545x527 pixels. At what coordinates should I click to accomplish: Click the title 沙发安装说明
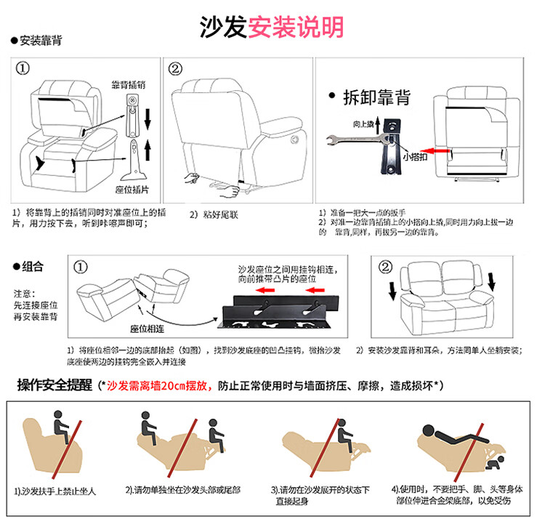pyautogui.click(x=272, y=27)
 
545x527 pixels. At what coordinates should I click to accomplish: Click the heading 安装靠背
pyautogui.click(x=40, y=40)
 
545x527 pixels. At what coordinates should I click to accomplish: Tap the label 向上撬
pyautogui.click(x=363, y=124)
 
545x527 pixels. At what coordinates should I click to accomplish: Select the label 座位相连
pyautogui.click(x=148, y=329)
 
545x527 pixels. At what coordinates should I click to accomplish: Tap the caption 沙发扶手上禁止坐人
pyautogui.click(x=55, y=491)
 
